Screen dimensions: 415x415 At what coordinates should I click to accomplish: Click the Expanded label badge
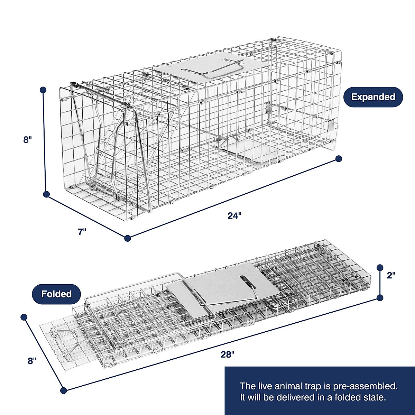373,97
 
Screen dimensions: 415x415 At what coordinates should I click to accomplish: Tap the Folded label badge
56,294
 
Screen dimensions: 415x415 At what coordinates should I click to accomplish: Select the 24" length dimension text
234,216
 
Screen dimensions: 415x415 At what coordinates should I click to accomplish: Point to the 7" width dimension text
82,232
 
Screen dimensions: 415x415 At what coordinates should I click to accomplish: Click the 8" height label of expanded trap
28,140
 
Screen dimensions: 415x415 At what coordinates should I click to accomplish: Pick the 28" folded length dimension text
227,354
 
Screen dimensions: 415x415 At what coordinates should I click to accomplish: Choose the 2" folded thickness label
391,275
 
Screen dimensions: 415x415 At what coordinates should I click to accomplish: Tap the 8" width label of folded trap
32,361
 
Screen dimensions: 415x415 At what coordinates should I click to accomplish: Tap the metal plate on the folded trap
228,287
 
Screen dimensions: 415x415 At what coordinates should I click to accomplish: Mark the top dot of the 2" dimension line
380,267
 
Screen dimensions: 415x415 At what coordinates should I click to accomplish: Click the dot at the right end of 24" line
339,159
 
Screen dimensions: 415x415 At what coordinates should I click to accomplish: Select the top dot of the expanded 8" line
43,90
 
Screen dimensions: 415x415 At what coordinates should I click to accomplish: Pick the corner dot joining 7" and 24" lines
128,238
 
